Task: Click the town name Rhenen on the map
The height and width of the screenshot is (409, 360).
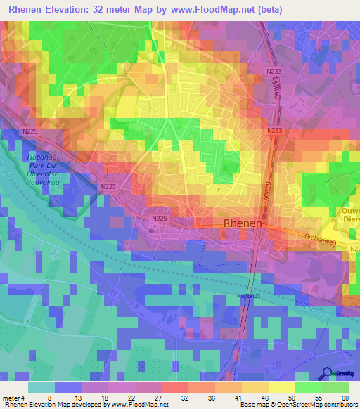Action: (243, 223)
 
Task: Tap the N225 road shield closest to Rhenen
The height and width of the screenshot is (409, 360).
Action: (159, 219)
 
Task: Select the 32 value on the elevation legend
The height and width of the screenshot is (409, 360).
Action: (186, 397)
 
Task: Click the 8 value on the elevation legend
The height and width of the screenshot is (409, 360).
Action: (49, 397)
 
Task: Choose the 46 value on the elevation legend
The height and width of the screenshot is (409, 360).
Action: (265, 397)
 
